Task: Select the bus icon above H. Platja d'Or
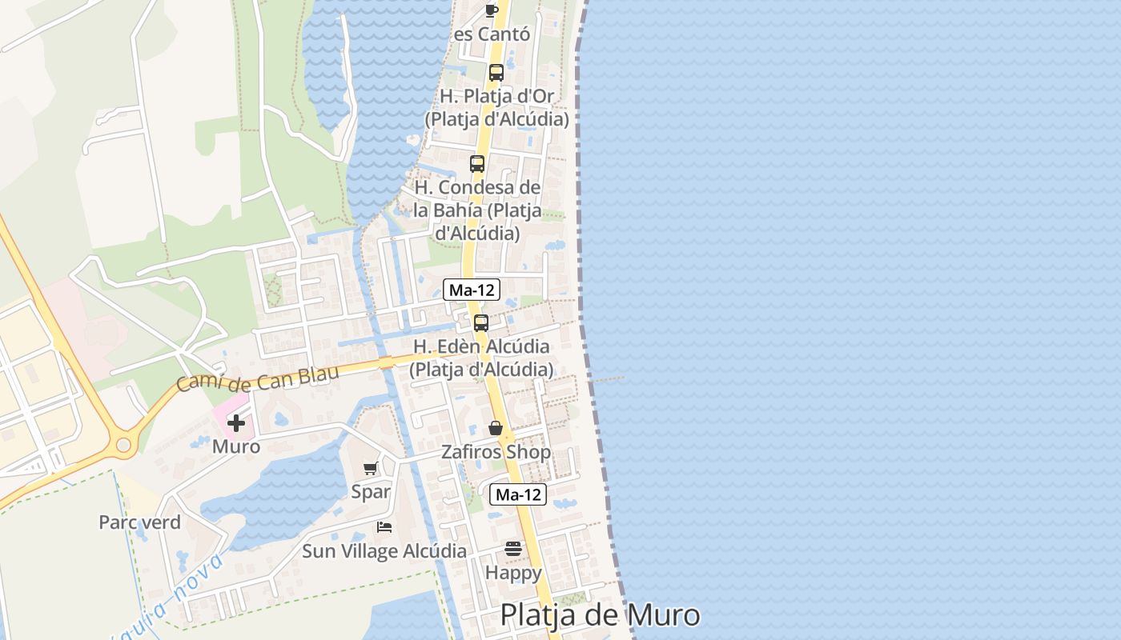coord(496,73)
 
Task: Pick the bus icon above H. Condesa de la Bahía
coord(477,164)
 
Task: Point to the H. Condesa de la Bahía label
coord(477,210)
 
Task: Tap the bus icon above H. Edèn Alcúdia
coord(481,323)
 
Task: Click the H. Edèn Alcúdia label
coord(481,358)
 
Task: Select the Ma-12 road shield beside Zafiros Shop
coord(518,494)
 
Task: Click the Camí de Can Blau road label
coord(257,378)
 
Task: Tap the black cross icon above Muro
coord(236,423)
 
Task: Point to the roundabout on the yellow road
coord(123,445)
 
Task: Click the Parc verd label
coord(139,522)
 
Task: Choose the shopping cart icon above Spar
coord(370,469)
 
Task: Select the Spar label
coord(371,492)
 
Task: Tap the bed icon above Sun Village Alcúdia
coord(384,527)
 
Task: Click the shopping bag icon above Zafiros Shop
coord(496,429)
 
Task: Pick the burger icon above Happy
coord(513,549)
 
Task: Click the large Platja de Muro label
coord(600,615)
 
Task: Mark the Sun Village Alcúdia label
coord(384,551)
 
